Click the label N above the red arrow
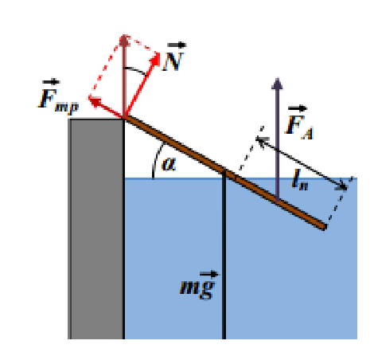click(x=173, y=61)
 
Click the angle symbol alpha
click(x=169, y=163)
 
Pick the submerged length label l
click(x=300, y=181)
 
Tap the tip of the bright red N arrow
click(x=159, y=53)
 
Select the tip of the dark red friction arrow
click(x=89, y=98)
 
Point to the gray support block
click(x=96, y=229)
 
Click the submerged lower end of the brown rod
click(x=324, y=227)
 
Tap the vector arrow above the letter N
click(x=177, y=45)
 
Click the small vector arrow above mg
click(x=208, y=274)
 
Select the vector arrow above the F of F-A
click(x=298, y=108)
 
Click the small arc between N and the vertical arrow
click(x=136, y=70)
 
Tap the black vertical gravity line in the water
click(x=224, y=255)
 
